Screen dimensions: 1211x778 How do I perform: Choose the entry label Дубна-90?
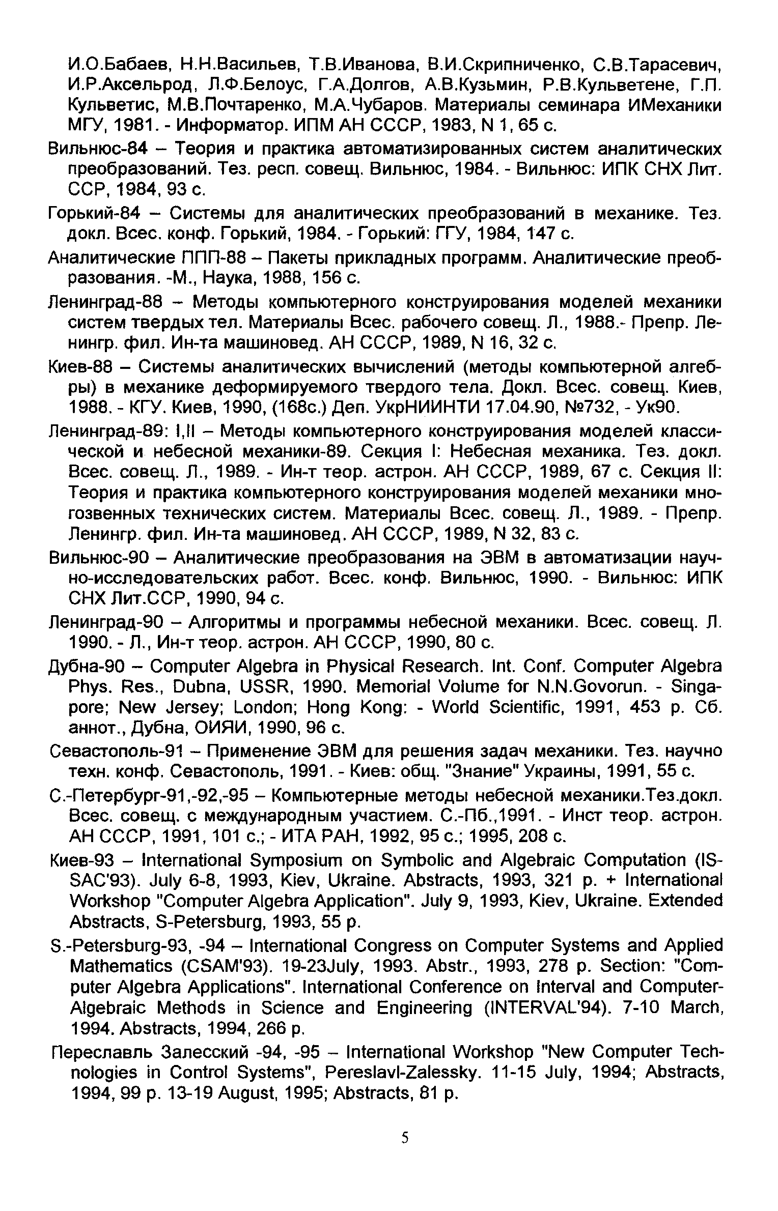[92, 667]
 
